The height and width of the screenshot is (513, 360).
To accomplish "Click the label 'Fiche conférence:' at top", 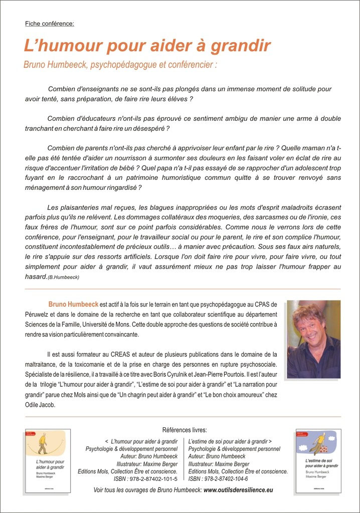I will [50, 24].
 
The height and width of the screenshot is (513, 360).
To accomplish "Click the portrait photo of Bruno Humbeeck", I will [313, 339].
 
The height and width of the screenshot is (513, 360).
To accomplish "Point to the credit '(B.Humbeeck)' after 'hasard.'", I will [63, 277].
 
